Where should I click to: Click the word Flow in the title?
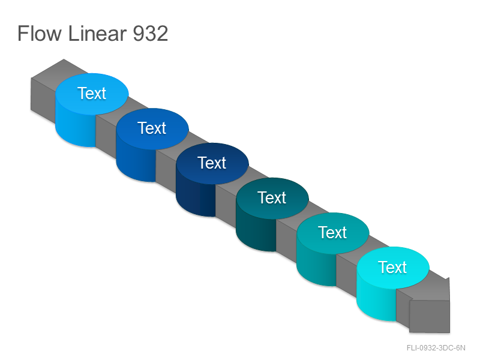tap(40, 33)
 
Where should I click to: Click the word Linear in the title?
tap(97, 33)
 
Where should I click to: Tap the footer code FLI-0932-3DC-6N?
tap(436, 348)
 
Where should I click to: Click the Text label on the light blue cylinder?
tap(92, 93)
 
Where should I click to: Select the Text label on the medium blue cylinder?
tap(152, 128)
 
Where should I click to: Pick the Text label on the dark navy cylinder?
tap(212, 163)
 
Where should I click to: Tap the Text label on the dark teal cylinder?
tap(272, 197)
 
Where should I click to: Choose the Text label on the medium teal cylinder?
tap(332, 232)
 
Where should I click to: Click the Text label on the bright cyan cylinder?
tap(392, 267)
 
